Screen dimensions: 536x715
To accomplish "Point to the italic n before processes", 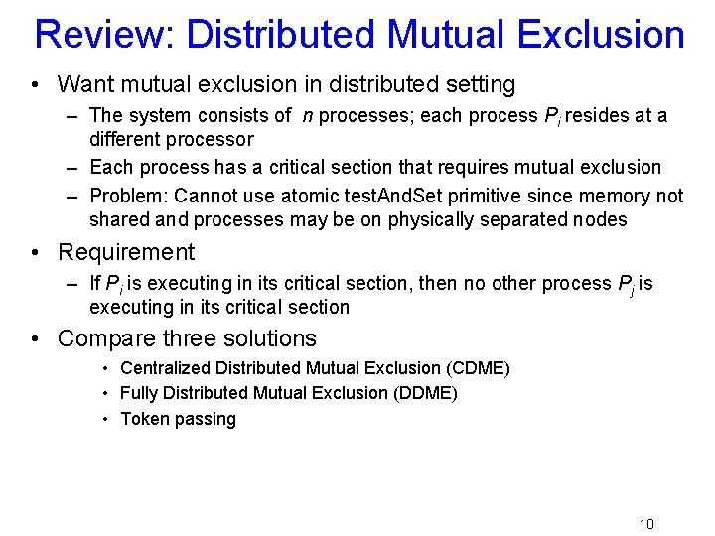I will click(x=309, y=116).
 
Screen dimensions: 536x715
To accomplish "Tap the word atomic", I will click(x=311, y=196).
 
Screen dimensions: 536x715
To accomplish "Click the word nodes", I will click(x=600, y=219).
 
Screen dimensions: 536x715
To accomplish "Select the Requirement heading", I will click(x=126, y=252).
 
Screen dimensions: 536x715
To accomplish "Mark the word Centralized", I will click(x=162, y=368).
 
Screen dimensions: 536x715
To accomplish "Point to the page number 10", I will click(x=646, y=524).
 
